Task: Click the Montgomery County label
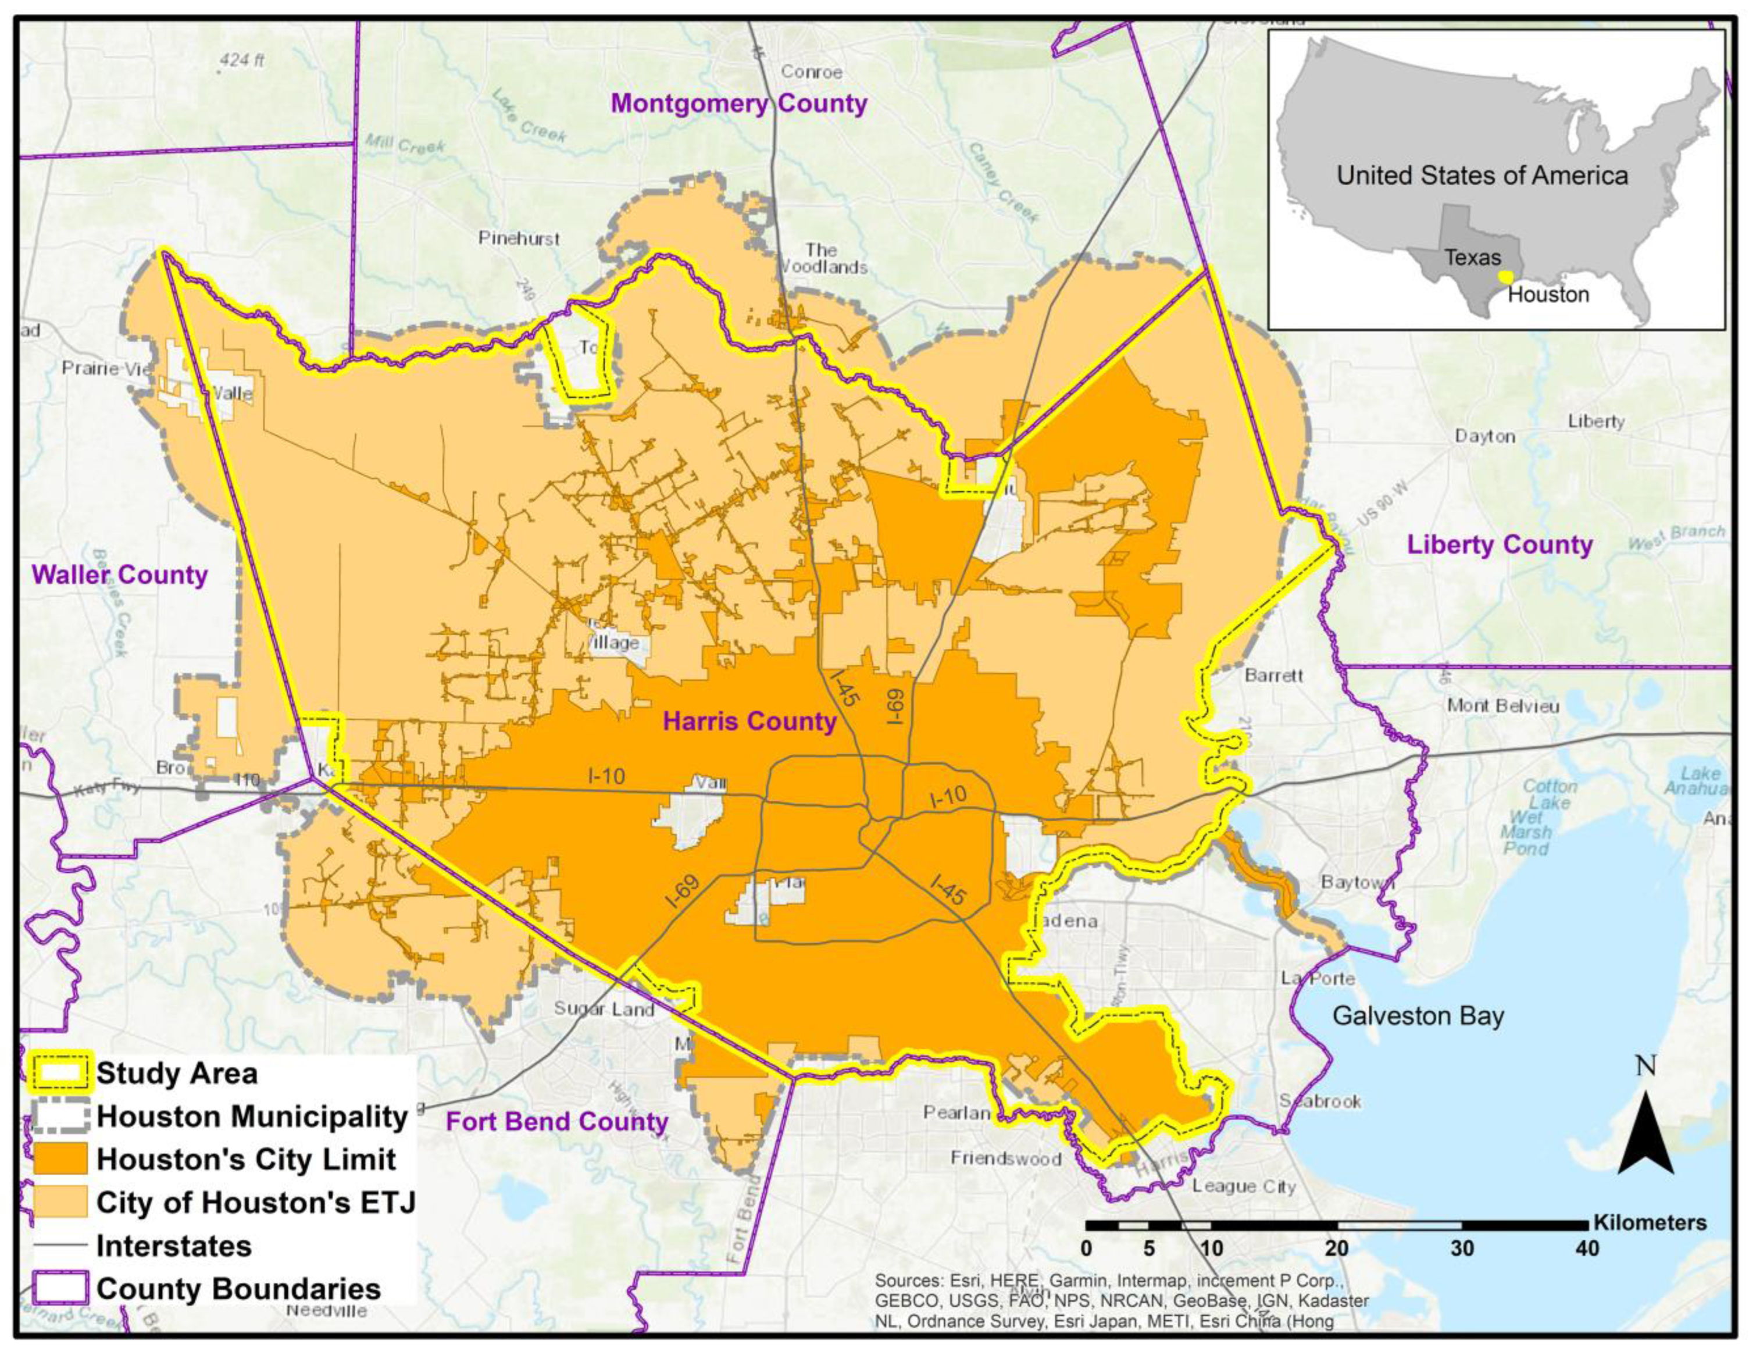click(738, 104)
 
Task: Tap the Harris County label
click(749, 721)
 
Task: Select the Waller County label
click(119, 575)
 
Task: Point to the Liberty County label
click(1500, 545)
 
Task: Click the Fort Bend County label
click(556, 1121)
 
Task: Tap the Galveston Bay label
click(1418, 1015)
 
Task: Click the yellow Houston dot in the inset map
click(1505, 276)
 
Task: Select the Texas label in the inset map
click(1473, 258)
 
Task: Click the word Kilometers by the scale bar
click(1650, 1223)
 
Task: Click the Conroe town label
click(811, 72)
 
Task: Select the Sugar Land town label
click(604, 1008)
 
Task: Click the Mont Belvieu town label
click(1503, 705)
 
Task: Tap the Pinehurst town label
click(519, 238)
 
